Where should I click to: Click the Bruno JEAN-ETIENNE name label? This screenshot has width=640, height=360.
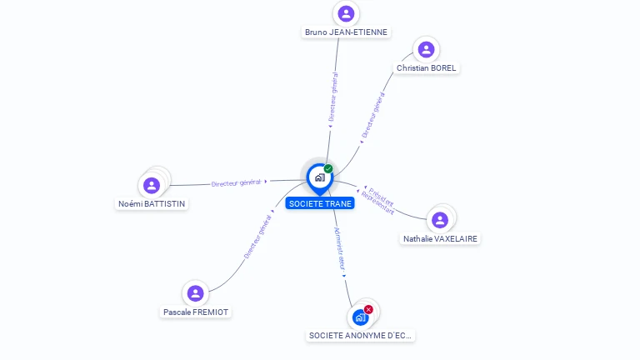(x=346, y=32)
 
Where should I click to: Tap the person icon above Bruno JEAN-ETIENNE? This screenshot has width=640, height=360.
(x=346, y=13)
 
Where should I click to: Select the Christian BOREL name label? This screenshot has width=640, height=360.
(x=426, y=68)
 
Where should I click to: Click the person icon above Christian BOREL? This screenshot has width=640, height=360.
(x=426, y=49)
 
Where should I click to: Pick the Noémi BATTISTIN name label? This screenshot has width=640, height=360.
(x=152, y=204)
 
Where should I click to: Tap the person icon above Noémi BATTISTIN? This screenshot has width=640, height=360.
(x=152, y=185)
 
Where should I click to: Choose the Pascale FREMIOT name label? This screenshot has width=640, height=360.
(x=196, y=312)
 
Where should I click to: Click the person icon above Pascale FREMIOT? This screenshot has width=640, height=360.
(x=196, y=293)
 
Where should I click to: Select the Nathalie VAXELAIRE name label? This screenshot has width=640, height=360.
(x=441, y=239)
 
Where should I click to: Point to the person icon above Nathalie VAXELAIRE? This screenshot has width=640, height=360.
(x=440, y=220)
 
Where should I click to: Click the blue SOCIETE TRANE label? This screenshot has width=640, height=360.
(x=320, y=203)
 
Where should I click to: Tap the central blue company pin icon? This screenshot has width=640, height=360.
(x=319, y=177)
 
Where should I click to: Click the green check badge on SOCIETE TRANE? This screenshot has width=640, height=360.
(x=328, y=169)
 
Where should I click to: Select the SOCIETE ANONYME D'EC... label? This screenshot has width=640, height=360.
(x=361, y=336)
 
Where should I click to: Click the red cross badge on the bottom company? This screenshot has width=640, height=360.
(x=368, y=310)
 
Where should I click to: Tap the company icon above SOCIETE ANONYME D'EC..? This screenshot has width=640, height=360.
(x=360, y=317)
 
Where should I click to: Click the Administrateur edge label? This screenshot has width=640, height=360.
(x=339, y=247)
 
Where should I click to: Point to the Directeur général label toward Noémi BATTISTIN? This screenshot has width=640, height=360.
(x=237, y=182)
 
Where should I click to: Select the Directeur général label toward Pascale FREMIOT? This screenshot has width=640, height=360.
(x=257, y=237)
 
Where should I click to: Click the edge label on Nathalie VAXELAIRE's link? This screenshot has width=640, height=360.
(x=380, y=199)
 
